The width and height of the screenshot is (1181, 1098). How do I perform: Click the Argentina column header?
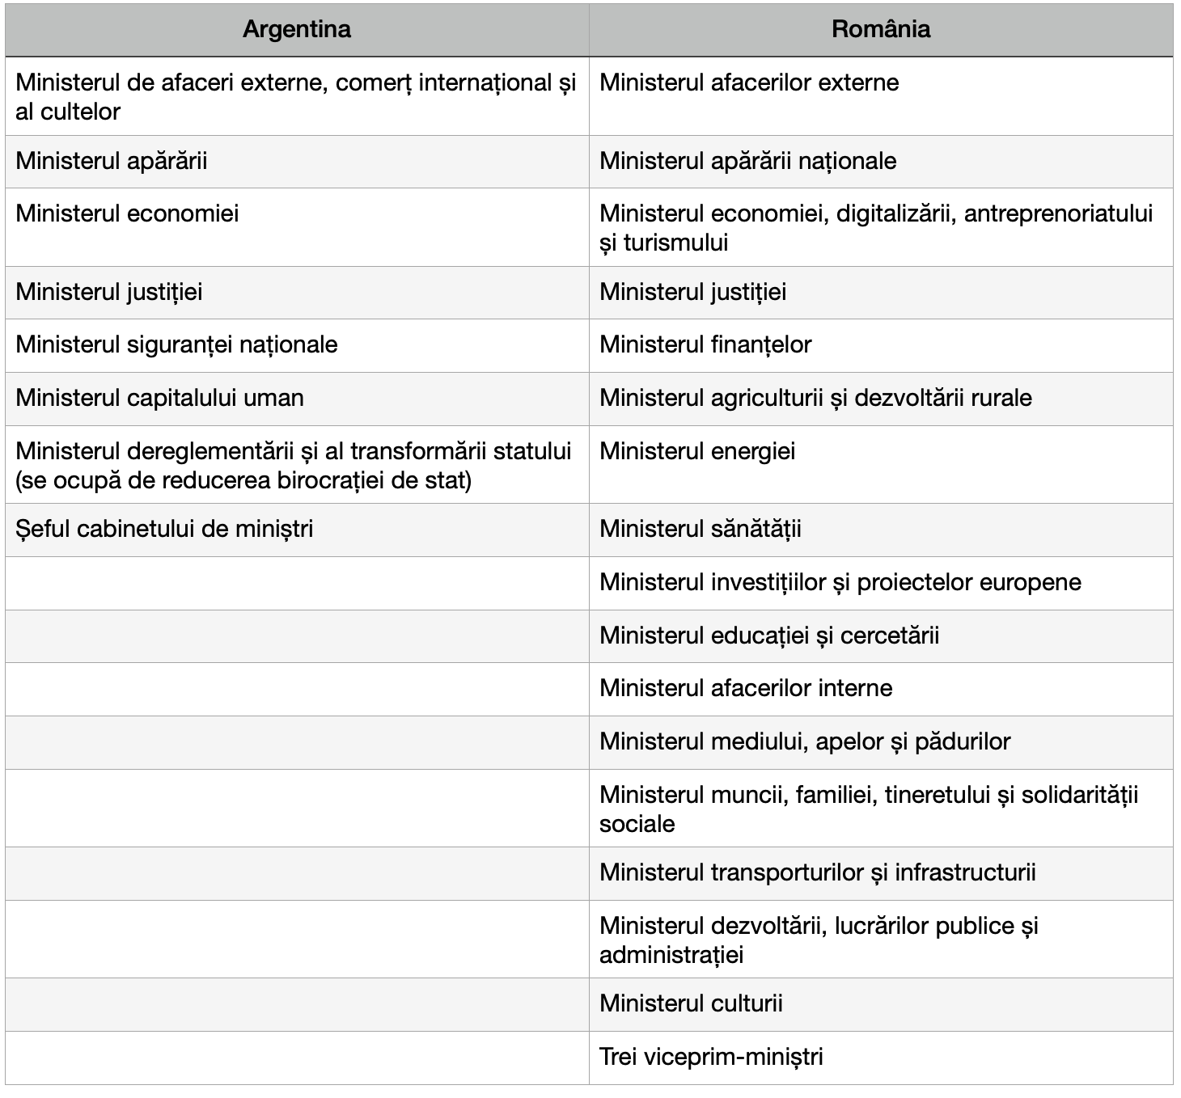pyautogui.click(x=297, y=30)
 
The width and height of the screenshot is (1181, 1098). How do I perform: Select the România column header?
pyautogui.click(x=881, y=30)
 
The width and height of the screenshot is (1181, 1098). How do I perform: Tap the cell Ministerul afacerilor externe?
pyautogui.click(x=749, y=82)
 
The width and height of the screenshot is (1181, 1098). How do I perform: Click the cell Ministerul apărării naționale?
pyautogui.click(x=747, y=161)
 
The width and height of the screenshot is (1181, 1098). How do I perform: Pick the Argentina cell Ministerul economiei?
pyautogui.click(x=127, y=213)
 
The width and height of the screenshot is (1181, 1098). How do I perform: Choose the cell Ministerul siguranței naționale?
pyautogui.click(x=176, y=344)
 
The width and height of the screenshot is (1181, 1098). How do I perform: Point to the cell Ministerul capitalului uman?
pyautogui.click(x=159, y=398)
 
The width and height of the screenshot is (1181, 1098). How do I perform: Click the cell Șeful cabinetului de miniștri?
pyautogui.click(x=164, y=529)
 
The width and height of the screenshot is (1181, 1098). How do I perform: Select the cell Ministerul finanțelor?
pyautogui.click(x=705, y=344)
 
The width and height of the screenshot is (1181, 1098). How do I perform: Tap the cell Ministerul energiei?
pyautogui.click(x=697, y=451)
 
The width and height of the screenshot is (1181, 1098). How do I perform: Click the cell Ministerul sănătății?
pyautogui.click(x=701, y=529)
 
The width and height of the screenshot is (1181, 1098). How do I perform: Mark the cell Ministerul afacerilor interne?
pyautogui.click(x=746, y=688)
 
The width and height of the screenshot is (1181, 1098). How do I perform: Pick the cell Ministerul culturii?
pyautogui.click(x=691, y=1003)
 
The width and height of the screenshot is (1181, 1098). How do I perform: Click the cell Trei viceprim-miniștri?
pyautogui.click(x=711, y=1057)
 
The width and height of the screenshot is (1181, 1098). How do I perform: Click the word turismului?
pyautogui.click(x=675, y=243)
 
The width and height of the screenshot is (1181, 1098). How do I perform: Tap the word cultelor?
pyautogui.click(x=79, y=112)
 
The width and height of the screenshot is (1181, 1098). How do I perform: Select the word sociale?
pyautogui.click(x=637, y=824)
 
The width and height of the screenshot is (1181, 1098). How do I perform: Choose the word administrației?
pyautogui.click(x=671, y=955)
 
